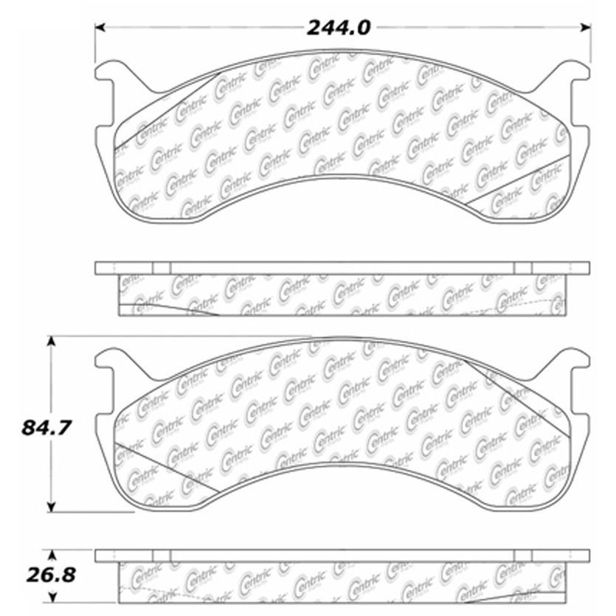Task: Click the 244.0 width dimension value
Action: tap(339, 28)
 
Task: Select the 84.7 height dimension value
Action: tap(46, 427)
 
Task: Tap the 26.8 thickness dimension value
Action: tap(51, 575)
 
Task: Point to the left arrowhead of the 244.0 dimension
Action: tap(100, 27)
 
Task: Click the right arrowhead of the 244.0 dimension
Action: tap(586, 27)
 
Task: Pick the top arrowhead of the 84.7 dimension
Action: tap(51, 341)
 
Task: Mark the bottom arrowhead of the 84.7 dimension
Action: tap(51, 507)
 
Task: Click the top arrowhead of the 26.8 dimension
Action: tap(52, 555)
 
